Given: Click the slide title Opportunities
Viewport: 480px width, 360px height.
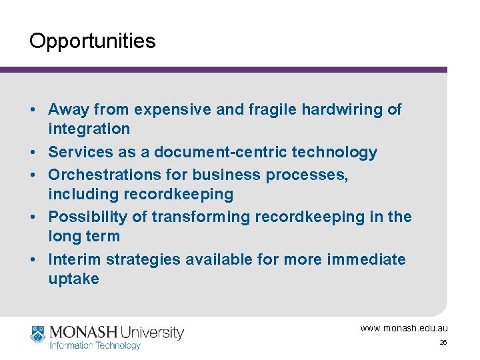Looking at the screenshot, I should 92,41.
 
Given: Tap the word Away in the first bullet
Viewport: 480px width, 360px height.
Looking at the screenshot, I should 69,109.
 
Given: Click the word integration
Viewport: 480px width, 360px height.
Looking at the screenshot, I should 89,129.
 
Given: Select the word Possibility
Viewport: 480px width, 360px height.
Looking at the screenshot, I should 89,217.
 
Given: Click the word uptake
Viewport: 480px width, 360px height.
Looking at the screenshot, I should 73,279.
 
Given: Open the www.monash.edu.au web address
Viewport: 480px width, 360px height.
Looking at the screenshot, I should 404,328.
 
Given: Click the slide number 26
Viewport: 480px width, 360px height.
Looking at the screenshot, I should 443,343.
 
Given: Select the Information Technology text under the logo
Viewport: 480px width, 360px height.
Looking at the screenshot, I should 95,345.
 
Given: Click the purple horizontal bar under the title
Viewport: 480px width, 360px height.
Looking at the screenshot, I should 223,69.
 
